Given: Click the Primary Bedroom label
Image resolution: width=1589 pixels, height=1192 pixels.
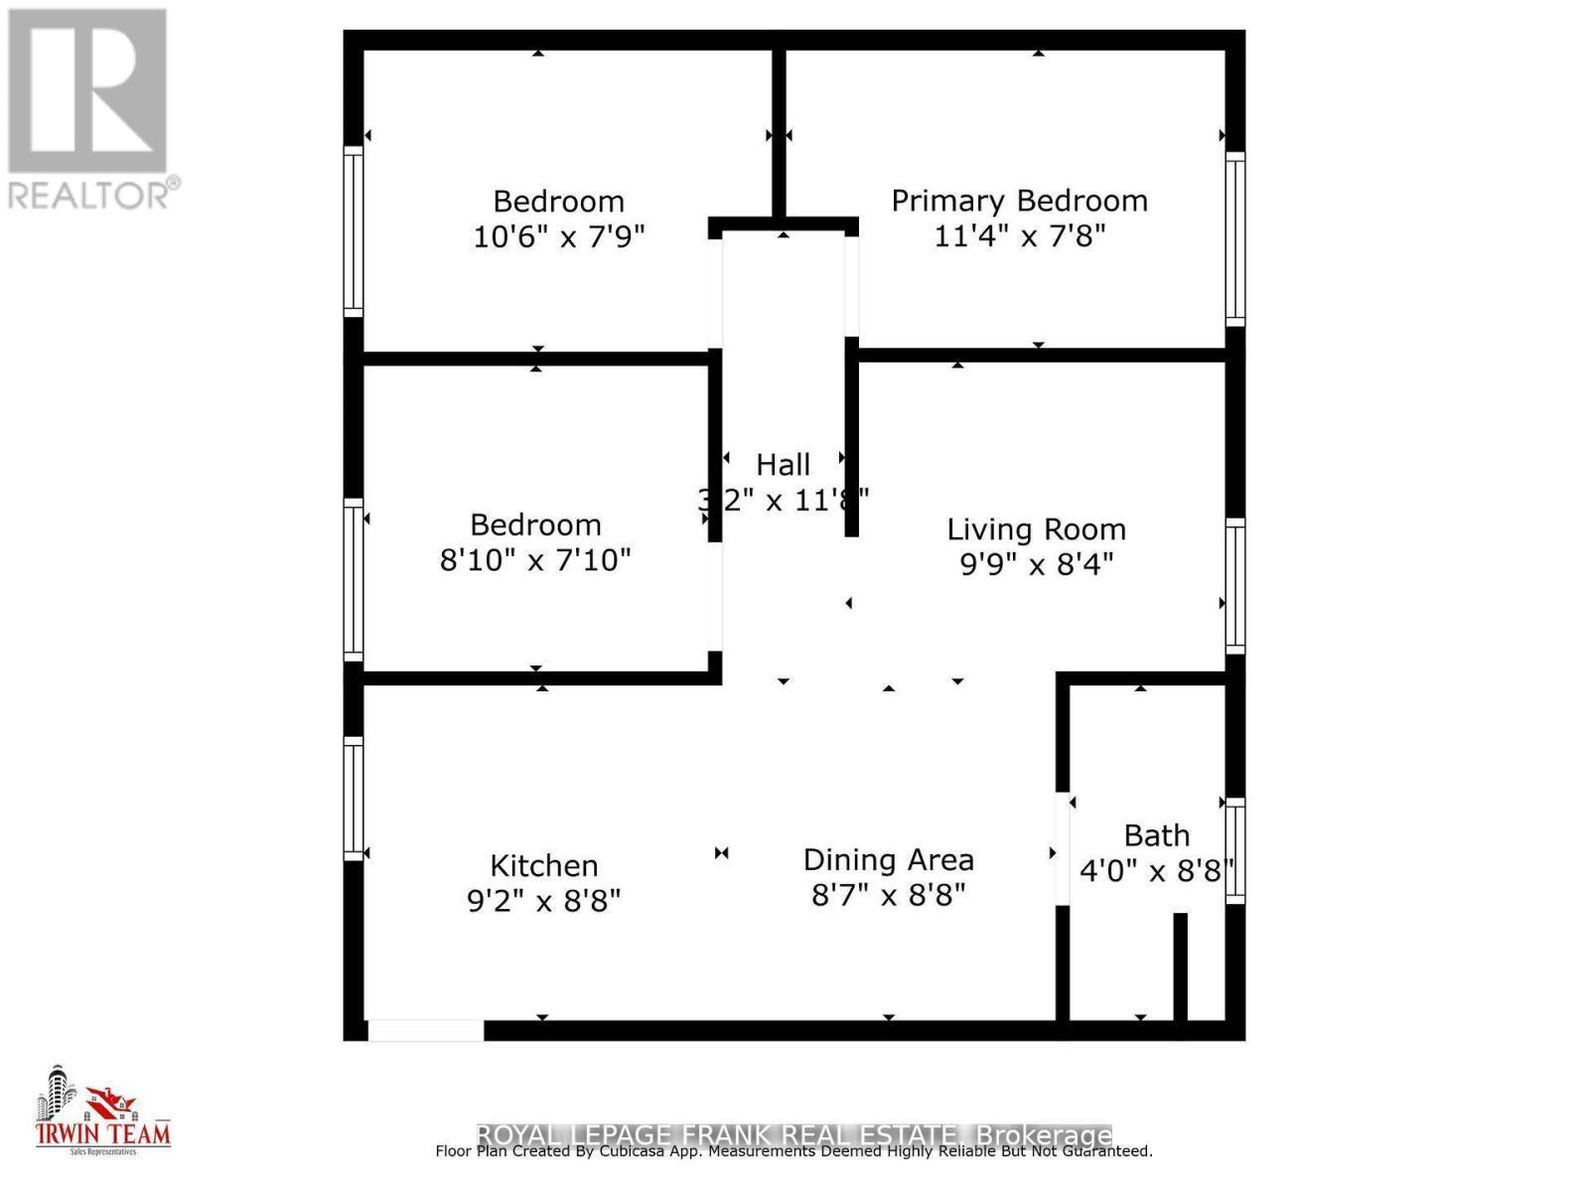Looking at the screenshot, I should coord(1019,201).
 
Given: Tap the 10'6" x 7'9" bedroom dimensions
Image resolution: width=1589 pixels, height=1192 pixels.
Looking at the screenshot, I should coord(558,237).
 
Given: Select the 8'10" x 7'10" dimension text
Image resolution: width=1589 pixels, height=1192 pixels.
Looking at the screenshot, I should coord(534,560).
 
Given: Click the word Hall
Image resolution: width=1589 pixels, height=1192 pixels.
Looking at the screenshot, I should coord(783,464).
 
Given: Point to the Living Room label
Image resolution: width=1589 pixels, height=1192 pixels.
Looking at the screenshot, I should coord(1036,529).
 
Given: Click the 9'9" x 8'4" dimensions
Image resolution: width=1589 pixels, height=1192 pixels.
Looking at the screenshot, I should coord(1036,564).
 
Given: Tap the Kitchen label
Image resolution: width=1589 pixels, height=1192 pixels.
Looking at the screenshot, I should coord(543,865).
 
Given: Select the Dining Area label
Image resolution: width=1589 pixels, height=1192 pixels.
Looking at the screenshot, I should coord(888,860).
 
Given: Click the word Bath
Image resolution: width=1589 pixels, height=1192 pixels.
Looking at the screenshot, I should coord(1156,835).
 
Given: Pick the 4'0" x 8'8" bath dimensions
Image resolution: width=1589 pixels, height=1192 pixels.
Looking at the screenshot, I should coord(1156,871).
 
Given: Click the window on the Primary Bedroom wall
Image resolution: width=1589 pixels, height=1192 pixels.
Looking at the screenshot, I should coord(1234,238).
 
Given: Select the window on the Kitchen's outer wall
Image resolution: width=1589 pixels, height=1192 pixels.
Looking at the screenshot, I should coord(354,798).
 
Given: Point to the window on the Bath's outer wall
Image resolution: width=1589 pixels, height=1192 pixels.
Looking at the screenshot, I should coord(1234,850).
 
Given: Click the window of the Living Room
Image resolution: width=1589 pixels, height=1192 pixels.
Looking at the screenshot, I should coord(1234,586).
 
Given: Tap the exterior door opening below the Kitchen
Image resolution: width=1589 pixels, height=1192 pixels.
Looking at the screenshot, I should coord(425,1030).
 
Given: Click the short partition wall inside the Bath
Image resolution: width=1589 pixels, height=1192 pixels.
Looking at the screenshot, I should coord(1180,967).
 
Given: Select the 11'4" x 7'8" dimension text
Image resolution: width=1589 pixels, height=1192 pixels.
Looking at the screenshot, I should coord(1019,236).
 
